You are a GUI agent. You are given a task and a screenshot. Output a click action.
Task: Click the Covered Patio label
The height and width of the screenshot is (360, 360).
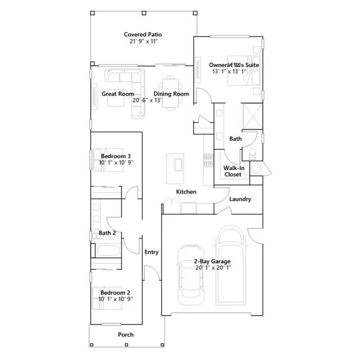(x=143, y=34)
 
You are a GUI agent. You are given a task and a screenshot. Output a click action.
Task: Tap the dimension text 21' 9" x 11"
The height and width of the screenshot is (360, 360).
(x=144, y=41)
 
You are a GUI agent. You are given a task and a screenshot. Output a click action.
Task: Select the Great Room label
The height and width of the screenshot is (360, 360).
(x=118, y=94)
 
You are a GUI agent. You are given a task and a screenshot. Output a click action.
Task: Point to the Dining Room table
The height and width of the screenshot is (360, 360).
(x=170, y=93)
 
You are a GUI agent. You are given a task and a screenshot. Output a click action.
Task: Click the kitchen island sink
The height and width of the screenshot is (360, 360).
(x=178, y=165)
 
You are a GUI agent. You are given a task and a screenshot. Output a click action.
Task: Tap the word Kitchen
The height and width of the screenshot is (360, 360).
(x=186, y=192)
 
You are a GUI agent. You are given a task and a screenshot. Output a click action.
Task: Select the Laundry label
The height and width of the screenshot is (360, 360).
(x=240, y=199)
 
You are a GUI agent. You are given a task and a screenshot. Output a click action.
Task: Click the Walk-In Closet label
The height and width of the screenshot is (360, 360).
(x=233, y=171)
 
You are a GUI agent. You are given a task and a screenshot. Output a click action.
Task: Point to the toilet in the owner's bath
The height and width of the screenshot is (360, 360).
(x=253, y=154)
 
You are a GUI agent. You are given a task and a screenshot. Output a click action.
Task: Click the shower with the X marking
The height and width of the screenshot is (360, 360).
(x=253, y=116)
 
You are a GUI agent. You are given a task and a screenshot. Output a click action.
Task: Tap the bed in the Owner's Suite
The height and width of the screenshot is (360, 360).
(x=244, y=70)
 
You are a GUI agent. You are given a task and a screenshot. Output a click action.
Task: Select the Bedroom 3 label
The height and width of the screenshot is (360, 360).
(x=116, y=156)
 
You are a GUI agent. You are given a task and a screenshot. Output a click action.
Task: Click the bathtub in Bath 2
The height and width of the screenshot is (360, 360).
(x=108, y=250)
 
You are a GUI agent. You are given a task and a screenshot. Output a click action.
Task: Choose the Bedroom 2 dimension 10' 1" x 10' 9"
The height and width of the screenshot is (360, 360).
(x=116, y=299)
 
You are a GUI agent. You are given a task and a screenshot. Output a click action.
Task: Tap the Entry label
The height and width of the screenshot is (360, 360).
(x=151, y=252)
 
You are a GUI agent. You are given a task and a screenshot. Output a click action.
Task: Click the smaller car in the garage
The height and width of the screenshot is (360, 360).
(x=191, y=275)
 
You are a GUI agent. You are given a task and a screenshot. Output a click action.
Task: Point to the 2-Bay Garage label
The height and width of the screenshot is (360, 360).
(x=212, y=261)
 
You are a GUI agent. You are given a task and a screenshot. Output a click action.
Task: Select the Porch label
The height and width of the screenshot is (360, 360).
(x=125, y=335)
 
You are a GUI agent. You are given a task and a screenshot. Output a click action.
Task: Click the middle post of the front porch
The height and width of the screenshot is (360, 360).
(x=126, y=345)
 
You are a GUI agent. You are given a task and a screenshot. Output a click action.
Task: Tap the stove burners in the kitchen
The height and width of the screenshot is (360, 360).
(x=209, y=160)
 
